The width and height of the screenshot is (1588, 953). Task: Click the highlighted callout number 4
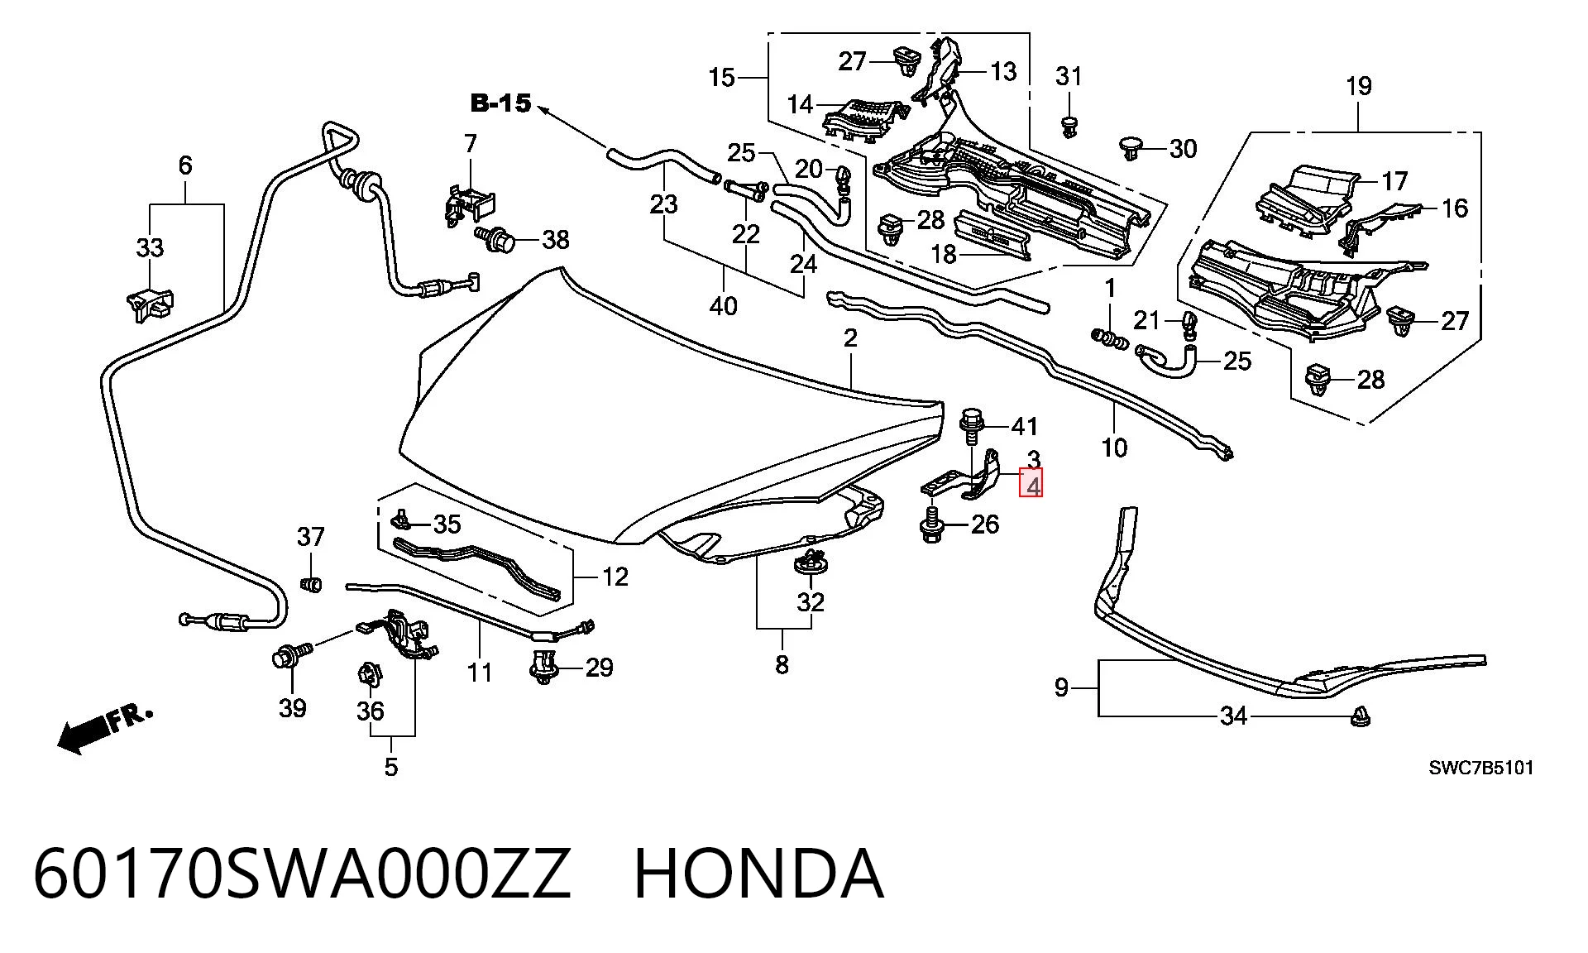coord(1032,484)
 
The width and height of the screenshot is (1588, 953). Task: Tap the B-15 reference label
coord(500,103)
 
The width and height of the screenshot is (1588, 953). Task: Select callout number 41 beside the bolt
coord(1025,427)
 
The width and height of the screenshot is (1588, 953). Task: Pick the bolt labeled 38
coord(497,239)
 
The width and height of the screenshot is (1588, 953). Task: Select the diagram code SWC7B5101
coord(1481,768)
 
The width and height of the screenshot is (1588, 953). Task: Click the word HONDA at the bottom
coord(758,874)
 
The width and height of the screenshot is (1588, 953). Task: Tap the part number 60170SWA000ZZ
coord(302,874)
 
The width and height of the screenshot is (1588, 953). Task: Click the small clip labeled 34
coord(1359,716)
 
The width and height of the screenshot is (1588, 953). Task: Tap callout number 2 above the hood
coord(850,338)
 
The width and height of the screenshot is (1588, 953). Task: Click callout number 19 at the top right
coord(1359,86)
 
